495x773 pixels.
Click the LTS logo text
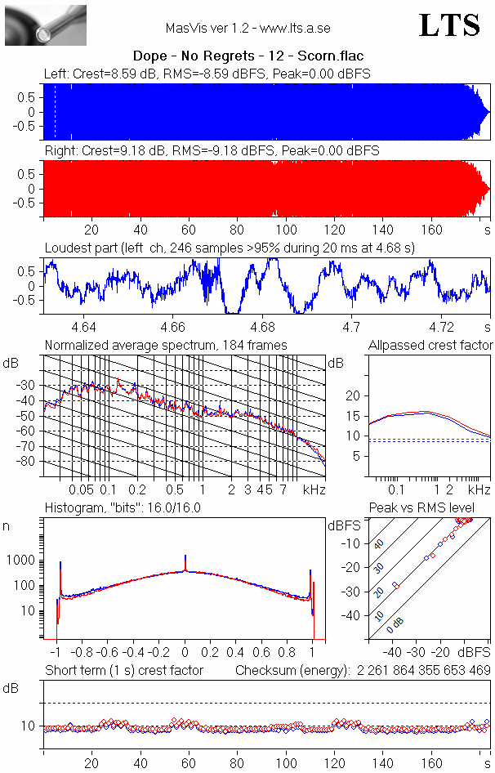click(x=449, y=25)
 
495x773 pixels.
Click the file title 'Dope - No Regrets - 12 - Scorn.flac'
click(x=247, y=56)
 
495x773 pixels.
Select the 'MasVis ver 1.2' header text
click(x=247, y=28)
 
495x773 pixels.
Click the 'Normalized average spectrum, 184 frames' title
click(x=166, y=346)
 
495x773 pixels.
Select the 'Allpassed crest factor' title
click(x=430, y=346)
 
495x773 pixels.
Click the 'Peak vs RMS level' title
click(x=434, y=508)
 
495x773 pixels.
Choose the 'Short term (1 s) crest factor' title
click(x=124, y=671)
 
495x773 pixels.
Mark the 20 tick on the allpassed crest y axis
click(x=354, y=395)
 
